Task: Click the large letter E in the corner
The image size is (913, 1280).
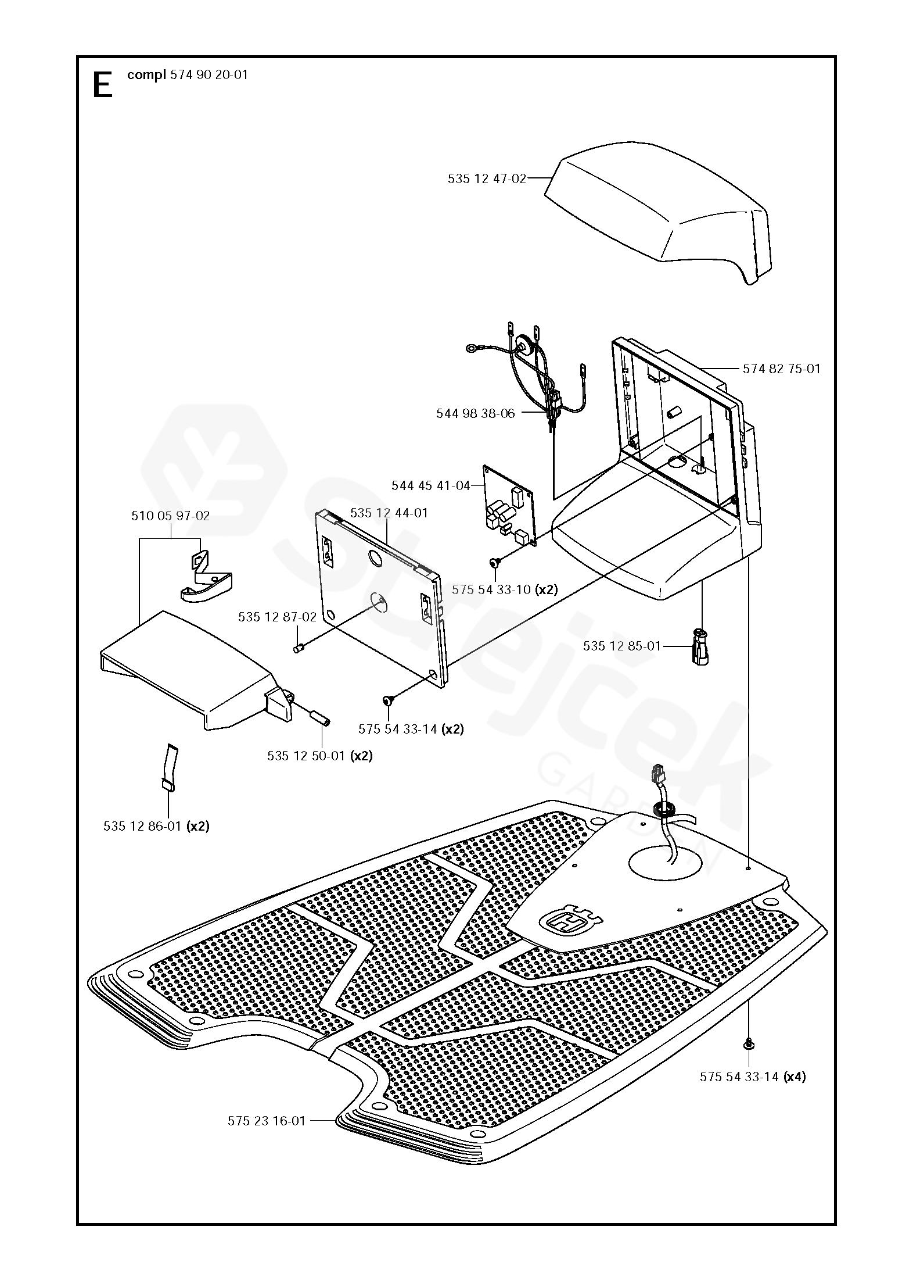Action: pyautogui.click(x=102, y=85)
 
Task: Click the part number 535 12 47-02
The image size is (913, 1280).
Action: pyautogui.click(x=487, y=179)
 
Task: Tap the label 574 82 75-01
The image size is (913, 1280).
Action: pyautogui.click(x=782, y=369)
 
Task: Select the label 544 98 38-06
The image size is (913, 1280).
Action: pyautogui.click(x=476, y=414)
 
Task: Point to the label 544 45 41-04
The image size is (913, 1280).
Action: pyautogui.click(x=431, y=485)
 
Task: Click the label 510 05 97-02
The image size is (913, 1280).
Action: pyautogui.click(x=171, y=516)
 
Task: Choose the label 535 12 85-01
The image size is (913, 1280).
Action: pyautogui.click(x=622, y=646)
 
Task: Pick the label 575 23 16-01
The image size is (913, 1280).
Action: pyautogui.click(x=267, y=1121)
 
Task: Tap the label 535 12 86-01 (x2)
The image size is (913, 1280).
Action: pyautogui.click(x=157, y=826)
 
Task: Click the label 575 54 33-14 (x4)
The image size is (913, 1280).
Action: pyautogui.click(x=753, y=1077)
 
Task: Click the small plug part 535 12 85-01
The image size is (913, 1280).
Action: pyautogui.click(x=701, y=645)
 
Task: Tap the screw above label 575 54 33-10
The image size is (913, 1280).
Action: pyautogui.click(x=494, y=562)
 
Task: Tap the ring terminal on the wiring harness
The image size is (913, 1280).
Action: pyautogui.click(x=471, y=349)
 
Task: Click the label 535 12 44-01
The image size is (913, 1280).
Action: pyautogui.click(x=389, y=513)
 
